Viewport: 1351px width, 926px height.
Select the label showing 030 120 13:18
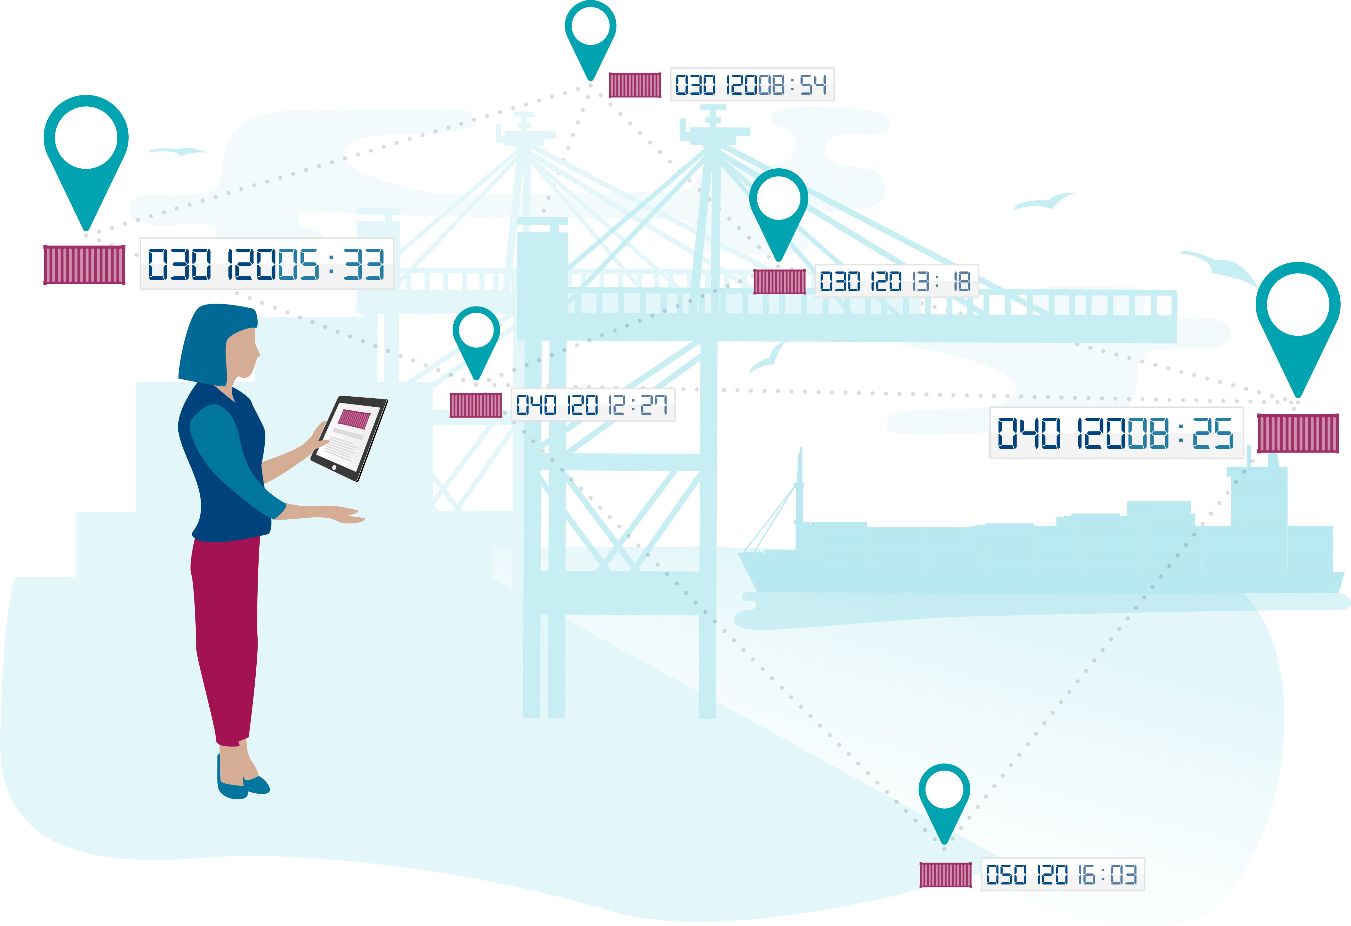[x=896, y=281]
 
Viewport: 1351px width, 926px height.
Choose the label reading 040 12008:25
[x=1116, y=433]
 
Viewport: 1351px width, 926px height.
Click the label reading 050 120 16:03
[x=1063, y=874]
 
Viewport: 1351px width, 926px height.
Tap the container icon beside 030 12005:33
[x=84, y=265]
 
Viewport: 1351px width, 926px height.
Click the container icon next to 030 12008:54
[x=635, y=85]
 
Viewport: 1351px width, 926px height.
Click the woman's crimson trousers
[x=225, y=634]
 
